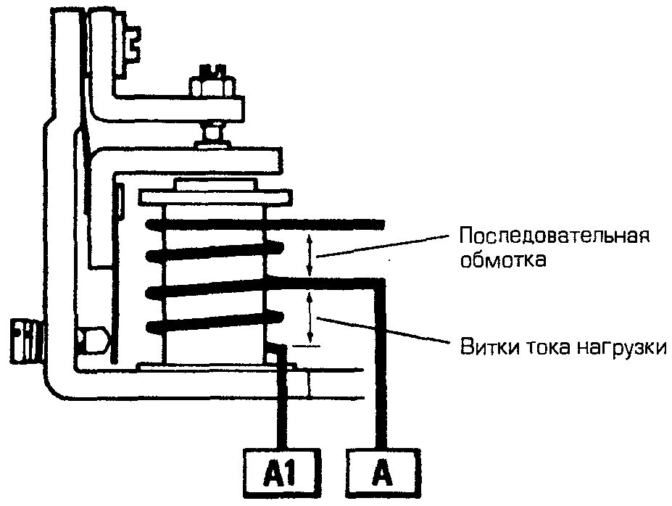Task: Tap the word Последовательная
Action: (x=552, y=237)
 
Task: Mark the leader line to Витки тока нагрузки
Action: (x=384, y=330)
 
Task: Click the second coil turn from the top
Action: (x=214, y=255)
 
